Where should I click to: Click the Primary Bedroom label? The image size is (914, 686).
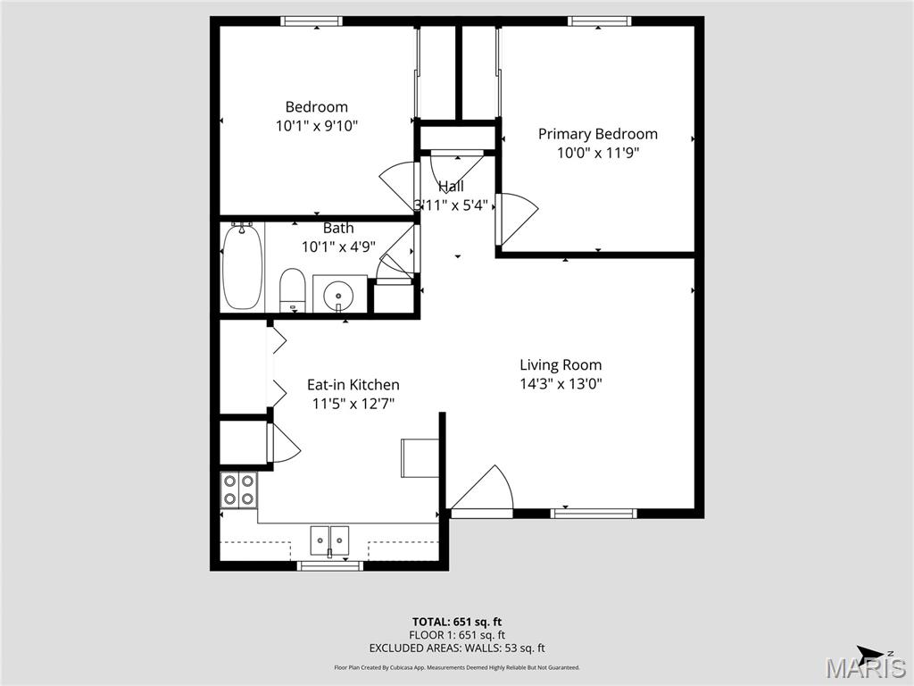(597, 134)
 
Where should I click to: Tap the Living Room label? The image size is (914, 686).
(561, 364)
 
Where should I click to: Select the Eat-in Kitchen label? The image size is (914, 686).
(353, 385)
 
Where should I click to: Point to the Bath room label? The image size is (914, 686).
(338, 229)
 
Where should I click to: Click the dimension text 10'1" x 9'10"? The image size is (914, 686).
(317, 126)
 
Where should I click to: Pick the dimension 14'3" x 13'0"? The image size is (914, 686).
(561, 384)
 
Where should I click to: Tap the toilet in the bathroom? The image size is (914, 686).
(294, 289)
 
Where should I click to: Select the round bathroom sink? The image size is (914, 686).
(339, 293)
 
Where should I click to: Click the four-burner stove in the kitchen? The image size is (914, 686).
(239, 489)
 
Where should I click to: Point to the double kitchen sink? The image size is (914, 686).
(329, 540)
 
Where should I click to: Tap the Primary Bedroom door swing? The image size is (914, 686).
(518, 216)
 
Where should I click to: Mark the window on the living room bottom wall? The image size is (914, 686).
(594, 513)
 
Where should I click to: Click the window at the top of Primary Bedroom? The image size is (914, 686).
(600, 21)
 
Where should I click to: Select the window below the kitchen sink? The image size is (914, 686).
(329, 565)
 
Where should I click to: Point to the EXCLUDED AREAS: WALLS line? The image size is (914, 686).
(456, 648)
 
